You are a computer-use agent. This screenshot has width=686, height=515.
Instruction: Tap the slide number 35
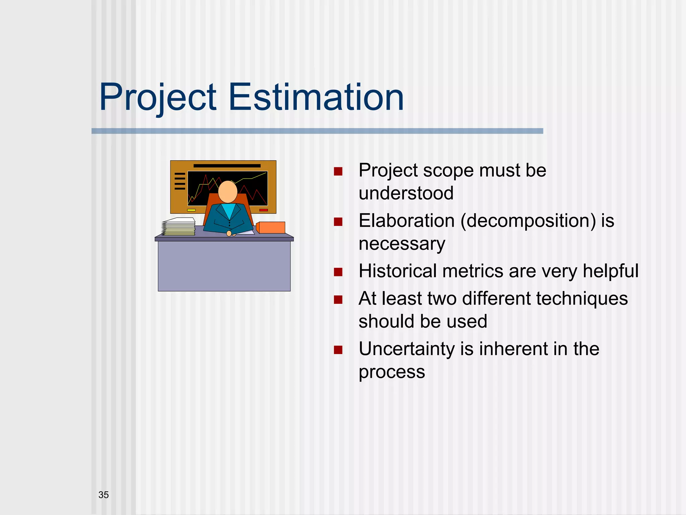[x=104, y=495]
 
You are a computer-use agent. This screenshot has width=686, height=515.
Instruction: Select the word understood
[x=406, y=193]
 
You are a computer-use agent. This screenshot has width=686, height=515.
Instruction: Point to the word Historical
[x=397, y=271]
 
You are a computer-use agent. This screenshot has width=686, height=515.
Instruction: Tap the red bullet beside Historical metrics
[x=338, y=272]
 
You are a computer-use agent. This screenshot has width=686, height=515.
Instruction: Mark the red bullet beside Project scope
[x=338, y=172]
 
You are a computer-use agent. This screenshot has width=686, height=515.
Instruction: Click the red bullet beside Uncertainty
[x=338, y=350]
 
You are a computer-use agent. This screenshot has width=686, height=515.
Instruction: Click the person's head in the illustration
[x=228, y=192]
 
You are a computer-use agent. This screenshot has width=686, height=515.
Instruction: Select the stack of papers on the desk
[x=179, y=227]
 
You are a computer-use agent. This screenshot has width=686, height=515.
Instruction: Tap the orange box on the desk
[x=271, y=227]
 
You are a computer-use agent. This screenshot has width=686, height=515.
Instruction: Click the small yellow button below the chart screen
[x=191, y=210]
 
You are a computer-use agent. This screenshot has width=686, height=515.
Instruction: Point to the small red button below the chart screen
[x=264, y=210]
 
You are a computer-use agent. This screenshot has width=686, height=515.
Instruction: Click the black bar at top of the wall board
[x=227, y=166]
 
